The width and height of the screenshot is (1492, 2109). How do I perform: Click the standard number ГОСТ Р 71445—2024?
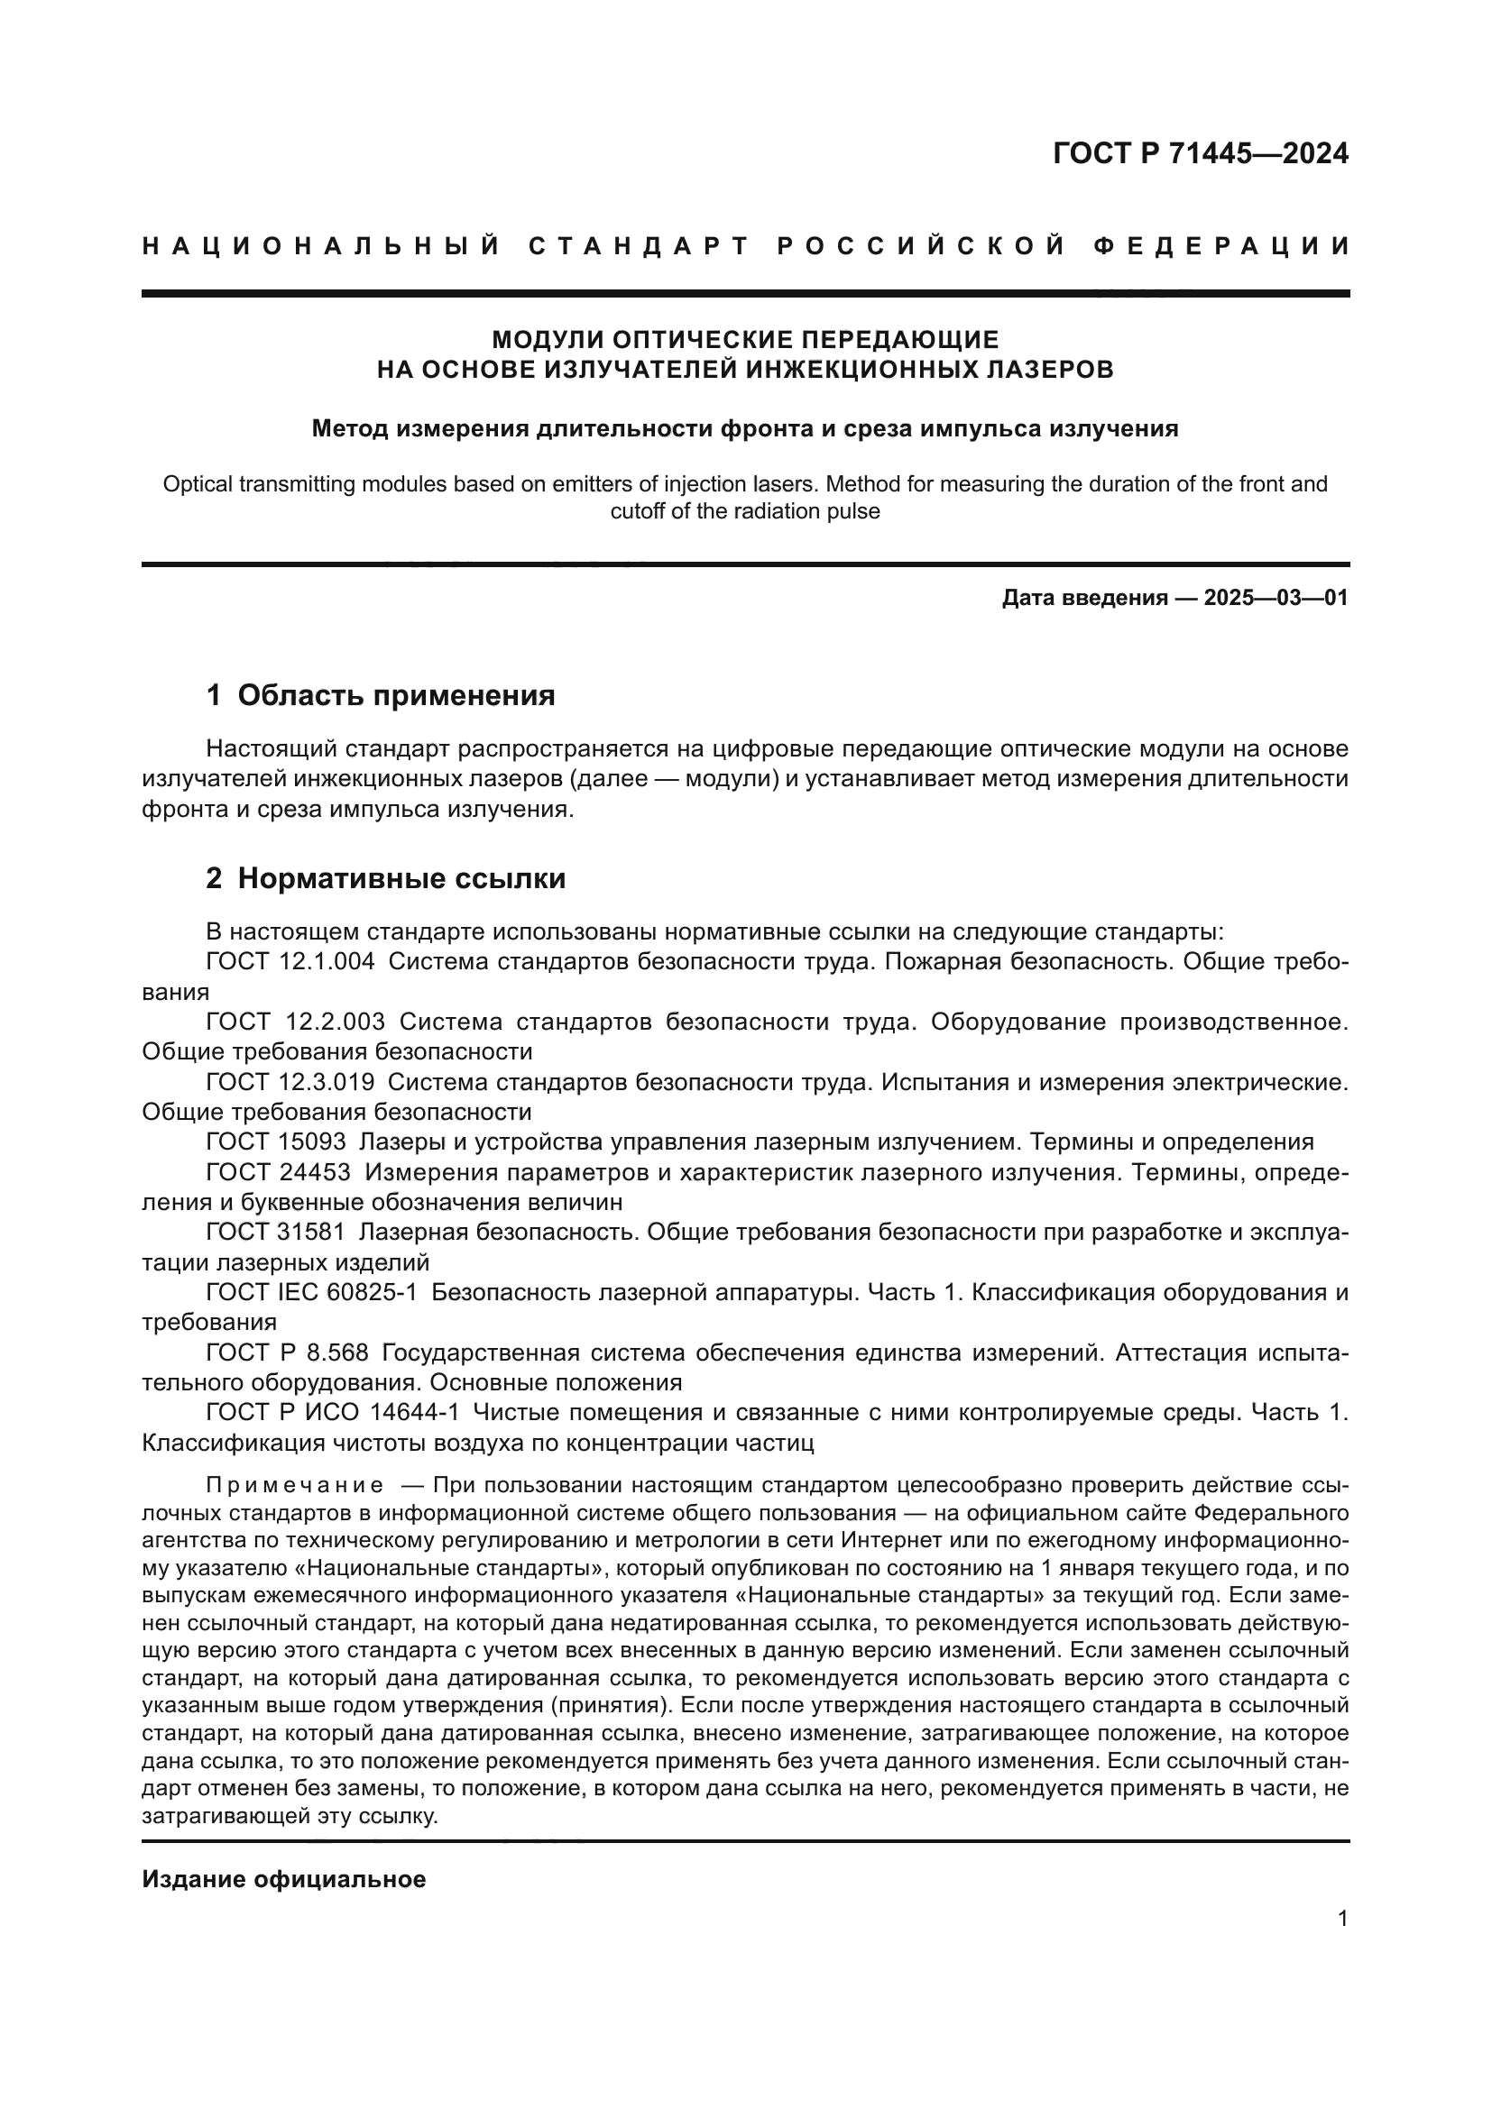pyautogui.click(x=1200, y=153)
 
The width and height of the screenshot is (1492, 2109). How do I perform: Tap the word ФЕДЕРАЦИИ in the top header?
pyautogui.click(x=1221, y=246)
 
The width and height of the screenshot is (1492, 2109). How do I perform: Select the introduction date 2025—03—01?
pyautogui.click(x=1276, y=598)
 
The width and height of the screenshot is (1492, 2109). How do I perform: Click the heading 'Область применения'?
pyautogui.click(x=396, y=695)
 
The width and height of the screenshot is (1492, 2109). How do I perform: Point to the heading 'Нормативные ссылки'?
pyautogui.click(x=401, y=878)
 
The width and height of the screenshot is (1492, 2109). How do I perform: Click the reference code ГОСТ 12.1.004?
pyautogui.click(x=290, y=962)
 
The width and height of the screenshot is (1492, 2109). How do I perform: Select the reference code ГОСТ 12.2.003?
pyautogui.click(x=295, y=1022)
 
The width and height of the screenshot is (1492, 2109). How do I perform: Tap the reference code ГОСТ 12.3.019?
pyautogui.click(x=290, y=1082)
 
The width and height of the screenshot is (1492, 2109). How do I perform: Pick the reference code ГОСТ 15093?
pyautogui.click(x=276, y=1142)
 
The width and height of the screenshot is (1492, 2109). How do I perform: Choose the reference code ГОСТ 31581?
pyautogui.click(x=276, y=1232)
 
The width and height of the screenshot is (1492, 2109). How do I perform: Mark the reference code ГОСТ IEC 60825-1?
pyautogui.click(x=311, y=1292)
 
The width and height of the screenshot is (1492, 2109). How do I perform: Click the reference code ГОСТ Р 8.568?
pyautogui.click(x=287, y=1353)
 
